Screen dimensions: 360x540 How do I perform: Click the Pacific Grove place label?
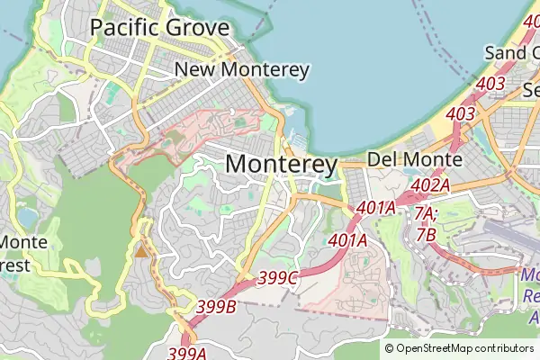tap(160, 27)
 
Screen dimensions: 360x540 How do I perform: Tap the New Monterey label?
tap(242, 69)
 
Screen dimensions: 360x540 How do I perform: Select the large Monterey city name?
tap(281, 165)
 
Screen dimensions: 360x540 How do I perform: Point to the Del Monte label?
tap(415, 160)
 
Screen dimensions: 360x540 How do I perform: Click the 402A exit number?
tap(429, 185)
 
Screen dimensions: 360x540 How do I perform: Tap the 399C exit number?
tap(278, 278)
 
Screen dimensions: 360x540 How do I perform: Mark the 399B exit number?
tap(216, 307)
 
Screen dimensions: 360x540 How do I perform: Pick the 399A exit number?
tap(187, 354)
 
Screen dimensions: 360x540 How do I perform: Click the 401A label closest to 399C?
tap(347, 240)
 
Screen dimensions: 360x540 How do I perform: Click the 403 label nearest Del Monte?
tap(460, 114)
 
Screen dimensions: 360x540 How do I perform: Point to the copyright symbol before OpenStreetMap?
tap(390, 348)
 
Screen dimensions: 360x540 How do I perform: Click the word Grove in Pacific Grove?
tap(197, 27)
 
